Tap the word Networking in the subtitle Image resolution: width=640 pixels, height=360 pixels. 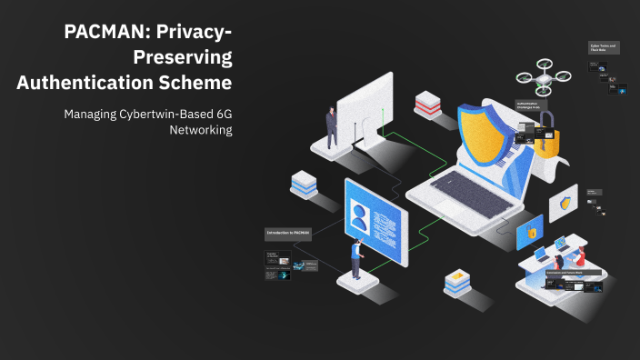(x=201, y=130)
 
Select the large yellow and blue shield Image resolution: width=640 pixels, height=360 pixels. (x=486, y=136)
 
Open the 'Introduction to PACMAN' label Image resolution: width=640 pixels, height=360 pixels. (x=288, y=234)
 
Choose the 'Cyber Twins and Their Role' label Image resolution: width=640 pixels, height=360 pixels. (x=603, y=47)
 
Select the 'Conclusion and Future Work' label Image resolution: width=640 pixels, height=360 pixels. (x=565, y=272)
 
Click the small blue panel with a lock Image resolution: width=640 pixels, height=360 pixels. (x=530, y=232)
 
